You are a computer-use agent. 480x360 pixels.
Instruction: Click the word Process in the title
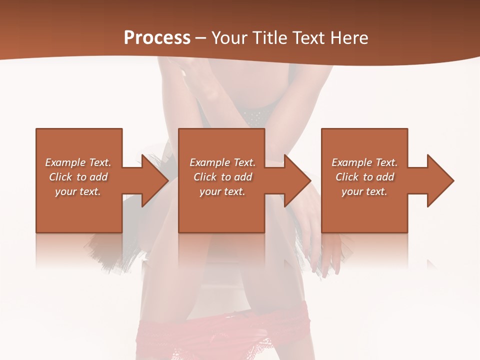coord(157,38)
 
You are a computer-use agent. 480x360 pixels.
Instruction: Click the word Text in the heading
coord(308,38)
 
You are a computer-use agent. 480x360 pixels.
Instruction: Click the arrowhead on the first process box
coord(155,180)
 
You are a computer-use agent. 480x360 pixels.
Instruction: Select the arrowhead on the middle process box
coord(297,180)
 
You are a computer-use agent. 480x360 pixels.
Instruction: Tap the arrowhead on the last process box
coord(440,180)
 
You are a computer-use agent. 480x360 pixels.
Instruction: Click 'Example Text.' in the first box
coord(78,162)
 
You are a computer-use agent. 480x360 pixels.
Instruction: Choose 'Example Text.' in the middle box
coord(222,162)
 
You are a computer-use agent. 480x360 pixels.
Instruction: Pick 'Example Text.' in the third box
coord(364,162)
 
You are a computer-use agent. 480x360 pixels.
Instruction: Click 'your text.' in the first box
coord(78,191)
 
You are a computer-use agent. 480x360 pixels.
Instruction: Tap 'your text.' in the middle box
coord(222,191)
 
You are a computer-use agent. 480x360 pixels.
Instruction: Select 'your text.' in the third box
coord(364,191)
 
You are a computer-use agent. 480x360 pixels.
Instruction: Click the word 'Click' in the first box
coord(60,177)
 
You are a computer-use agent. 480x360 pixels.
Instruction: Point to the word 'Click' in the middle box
coord(205,177)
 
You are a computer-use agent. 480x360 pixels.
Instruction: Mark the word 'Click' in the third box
coord(347,177)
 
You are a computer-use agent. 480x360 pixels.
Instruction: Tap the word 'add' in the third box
coord(384,177)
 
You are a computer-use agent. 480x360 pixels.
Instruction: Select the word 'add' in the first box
coord(98,177)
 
